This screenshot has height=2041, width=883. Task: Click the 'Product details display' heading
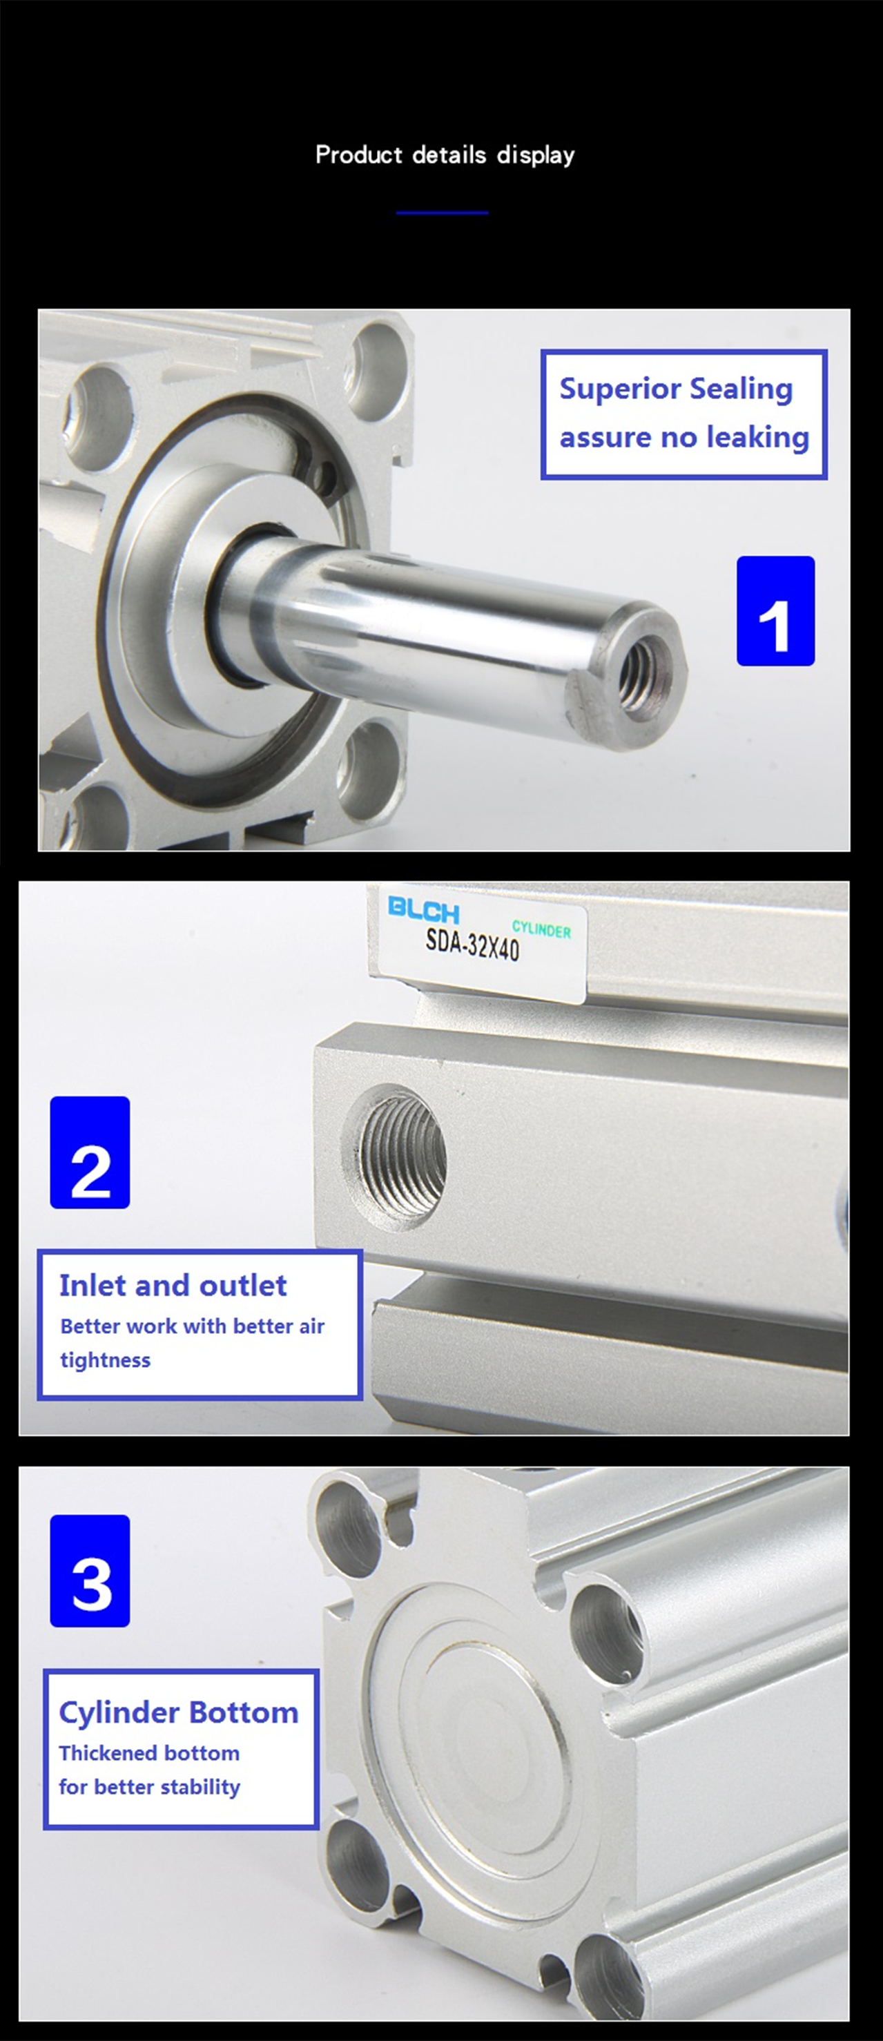point(445,155)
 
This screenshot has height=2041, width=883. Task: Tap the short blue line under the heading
point(442,213)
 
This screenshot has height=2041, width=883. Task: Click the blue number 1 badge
point(775,611)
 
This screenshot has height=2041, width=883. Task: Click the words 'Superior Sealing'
point(675,389)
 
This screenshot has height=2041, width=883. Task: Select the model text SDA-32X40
point(472,945)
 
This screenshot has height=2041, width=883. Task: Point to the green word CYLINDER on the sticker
point(542,929)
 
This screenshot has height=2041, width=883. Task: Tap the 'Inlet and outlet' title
point(173,1285)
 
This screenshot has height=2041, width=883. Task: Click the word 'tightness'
point(106,1360)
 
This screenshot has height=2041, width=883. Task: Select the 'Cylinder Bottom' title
point(178,1712)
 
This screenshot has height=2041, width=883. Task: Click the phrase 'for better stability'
point(149,1787)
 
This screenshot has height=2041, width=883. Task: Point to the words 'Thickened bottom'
point(149,1752)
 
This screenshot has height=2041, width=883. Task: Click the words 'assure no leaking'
point(684,437)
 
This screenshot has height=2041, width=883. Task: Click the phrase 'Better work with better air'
point(193,1326)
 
